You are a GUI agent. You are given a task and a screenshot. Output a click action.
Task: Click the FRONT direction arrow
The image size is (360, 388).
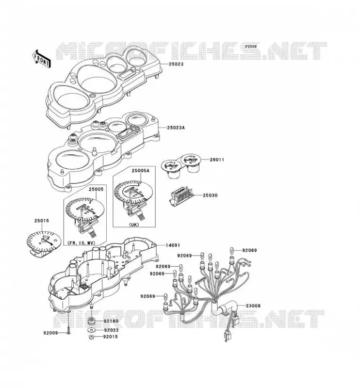(42, 59)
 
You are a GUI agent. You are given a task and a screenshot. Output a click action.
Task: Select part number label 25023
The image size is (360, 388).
(176, 64)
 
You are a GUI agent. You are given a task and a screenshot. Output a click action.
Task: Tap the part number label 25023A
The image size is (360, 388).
(176, 128)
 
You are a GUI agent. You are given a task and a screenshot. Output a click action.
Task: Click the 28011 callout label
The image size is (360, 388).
(217, 160)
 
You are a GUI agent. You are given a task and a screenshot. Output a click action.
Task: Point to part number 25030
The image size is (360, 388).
(210, 195)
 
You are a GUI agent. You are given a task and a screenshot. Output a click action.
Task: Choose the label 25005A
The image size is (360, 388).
(140, 171)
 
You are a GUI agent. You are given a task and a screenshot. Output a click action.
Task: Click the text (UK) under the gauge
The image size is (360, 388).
(134, 225)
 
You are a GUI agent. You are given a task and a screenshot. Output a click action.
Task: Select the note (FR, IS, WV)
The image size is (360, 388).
(81, 243)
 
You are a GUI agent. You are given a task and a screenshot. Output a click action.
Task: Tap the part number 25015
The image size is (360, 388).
(42, 221)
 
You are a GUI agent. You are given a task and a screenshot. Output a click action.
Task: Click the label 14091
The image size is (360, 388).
(173, 245)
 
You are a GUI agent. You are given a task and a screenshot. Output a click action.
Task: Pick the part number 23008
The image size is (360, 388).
(253, 306)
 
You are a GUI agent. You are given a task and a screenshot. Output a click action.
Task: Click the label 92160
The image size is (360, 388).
(111, 321)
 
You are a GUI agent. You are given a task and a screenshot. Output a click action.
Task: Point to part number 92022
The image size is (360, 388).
(112, 330)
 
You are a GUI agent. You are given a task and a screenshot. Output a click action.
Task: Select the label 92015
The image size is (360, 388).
(111, 337)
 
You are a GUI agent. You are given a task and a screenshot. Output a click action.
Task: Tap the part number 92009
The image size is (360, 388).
(50, 333)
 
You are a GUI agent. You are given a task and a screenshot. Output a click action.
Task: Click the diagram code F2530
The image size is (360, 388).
(251, 47)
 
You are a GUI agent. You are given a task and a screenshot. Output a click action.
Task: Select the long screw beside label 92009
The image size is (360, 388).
(68, 322)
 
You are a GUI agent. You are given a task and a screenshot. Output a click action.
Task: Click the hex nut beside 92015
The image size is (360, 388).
(91, 337)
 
